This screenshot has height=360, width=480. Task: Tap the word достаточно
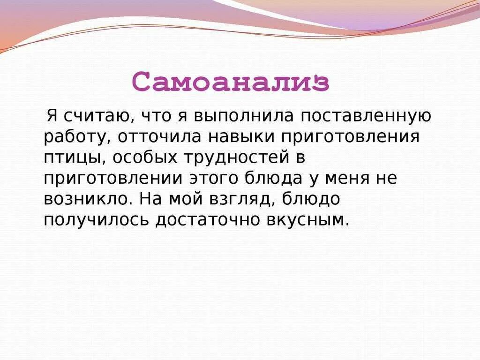(204, 219)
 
